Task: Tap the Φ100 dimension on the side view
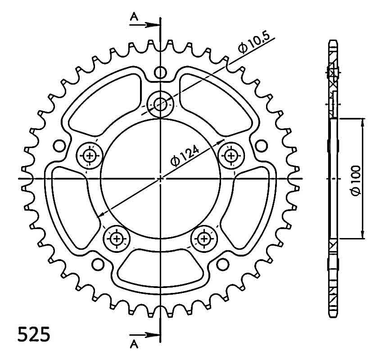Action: click(x=356, y=180)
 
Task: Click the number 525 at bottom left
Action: click(x=34, y=334)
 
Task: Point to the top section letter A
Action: click(x=134, y=17)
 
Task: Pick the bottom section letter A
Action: click(x=134, y=345)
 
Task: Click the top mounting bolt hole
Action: click(x=160, y=104)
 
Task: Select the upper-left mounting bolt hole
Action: click(x=89, y=155)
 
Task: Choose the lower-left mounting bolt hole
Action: click(x=116, y=238)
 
